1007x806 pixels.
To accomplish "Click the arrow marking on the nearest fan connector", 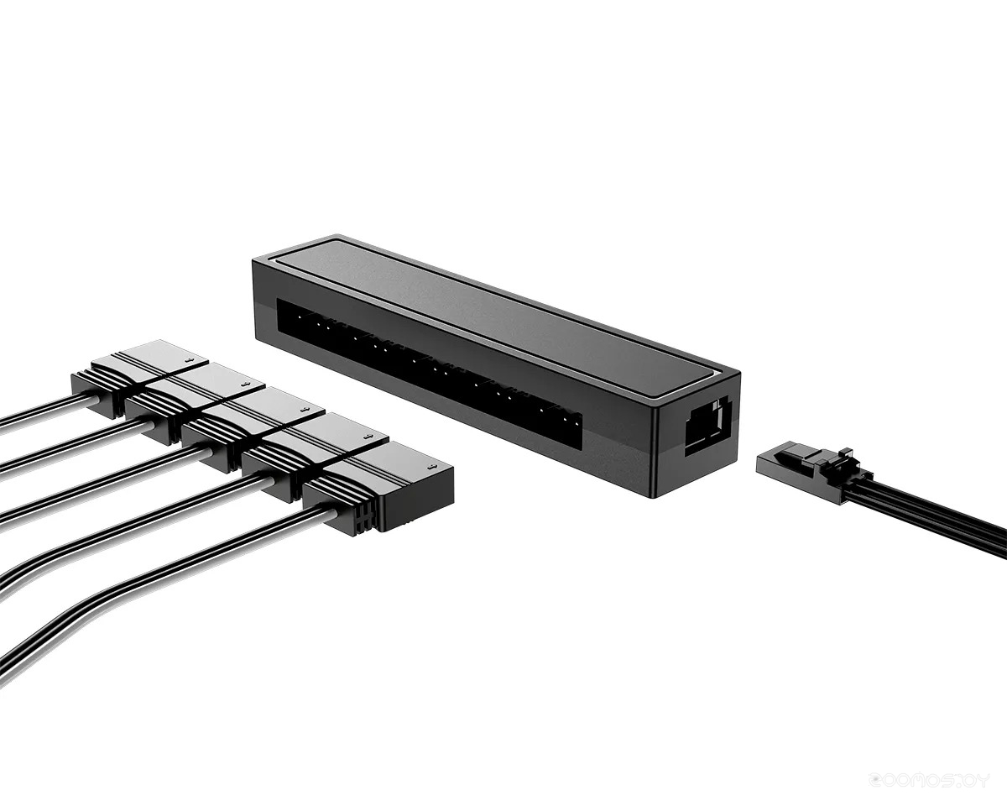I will click(x=431, y=468).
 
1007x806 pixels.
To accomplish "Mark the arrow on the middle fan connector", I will click(x=306, y=411).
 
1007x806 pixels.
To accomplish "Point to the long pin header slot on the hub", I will click(x=428, y=369).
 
